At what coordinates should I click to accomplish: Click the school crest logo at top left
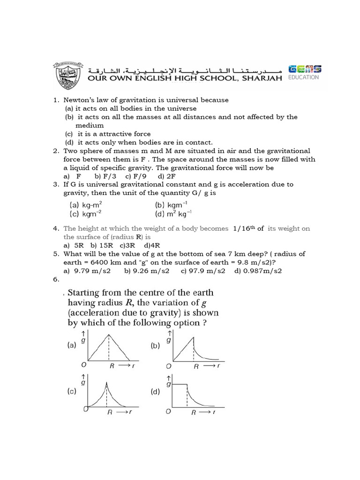(x=68, y=75)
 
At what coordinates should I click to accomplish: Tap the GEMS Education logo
(x=304, y=72)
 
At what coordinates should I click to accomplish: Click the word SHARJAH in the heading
(x=262, y=78)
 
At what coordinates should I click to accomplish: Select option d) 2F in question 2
(x=167, y=176)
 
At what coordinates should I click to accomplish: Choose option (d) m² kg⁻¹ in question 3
(x=173, y=214)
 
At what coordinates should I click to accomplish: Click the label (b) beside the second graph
(x=155, y=346)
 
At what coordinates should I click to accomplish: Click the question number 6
(x=55, y=279)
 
